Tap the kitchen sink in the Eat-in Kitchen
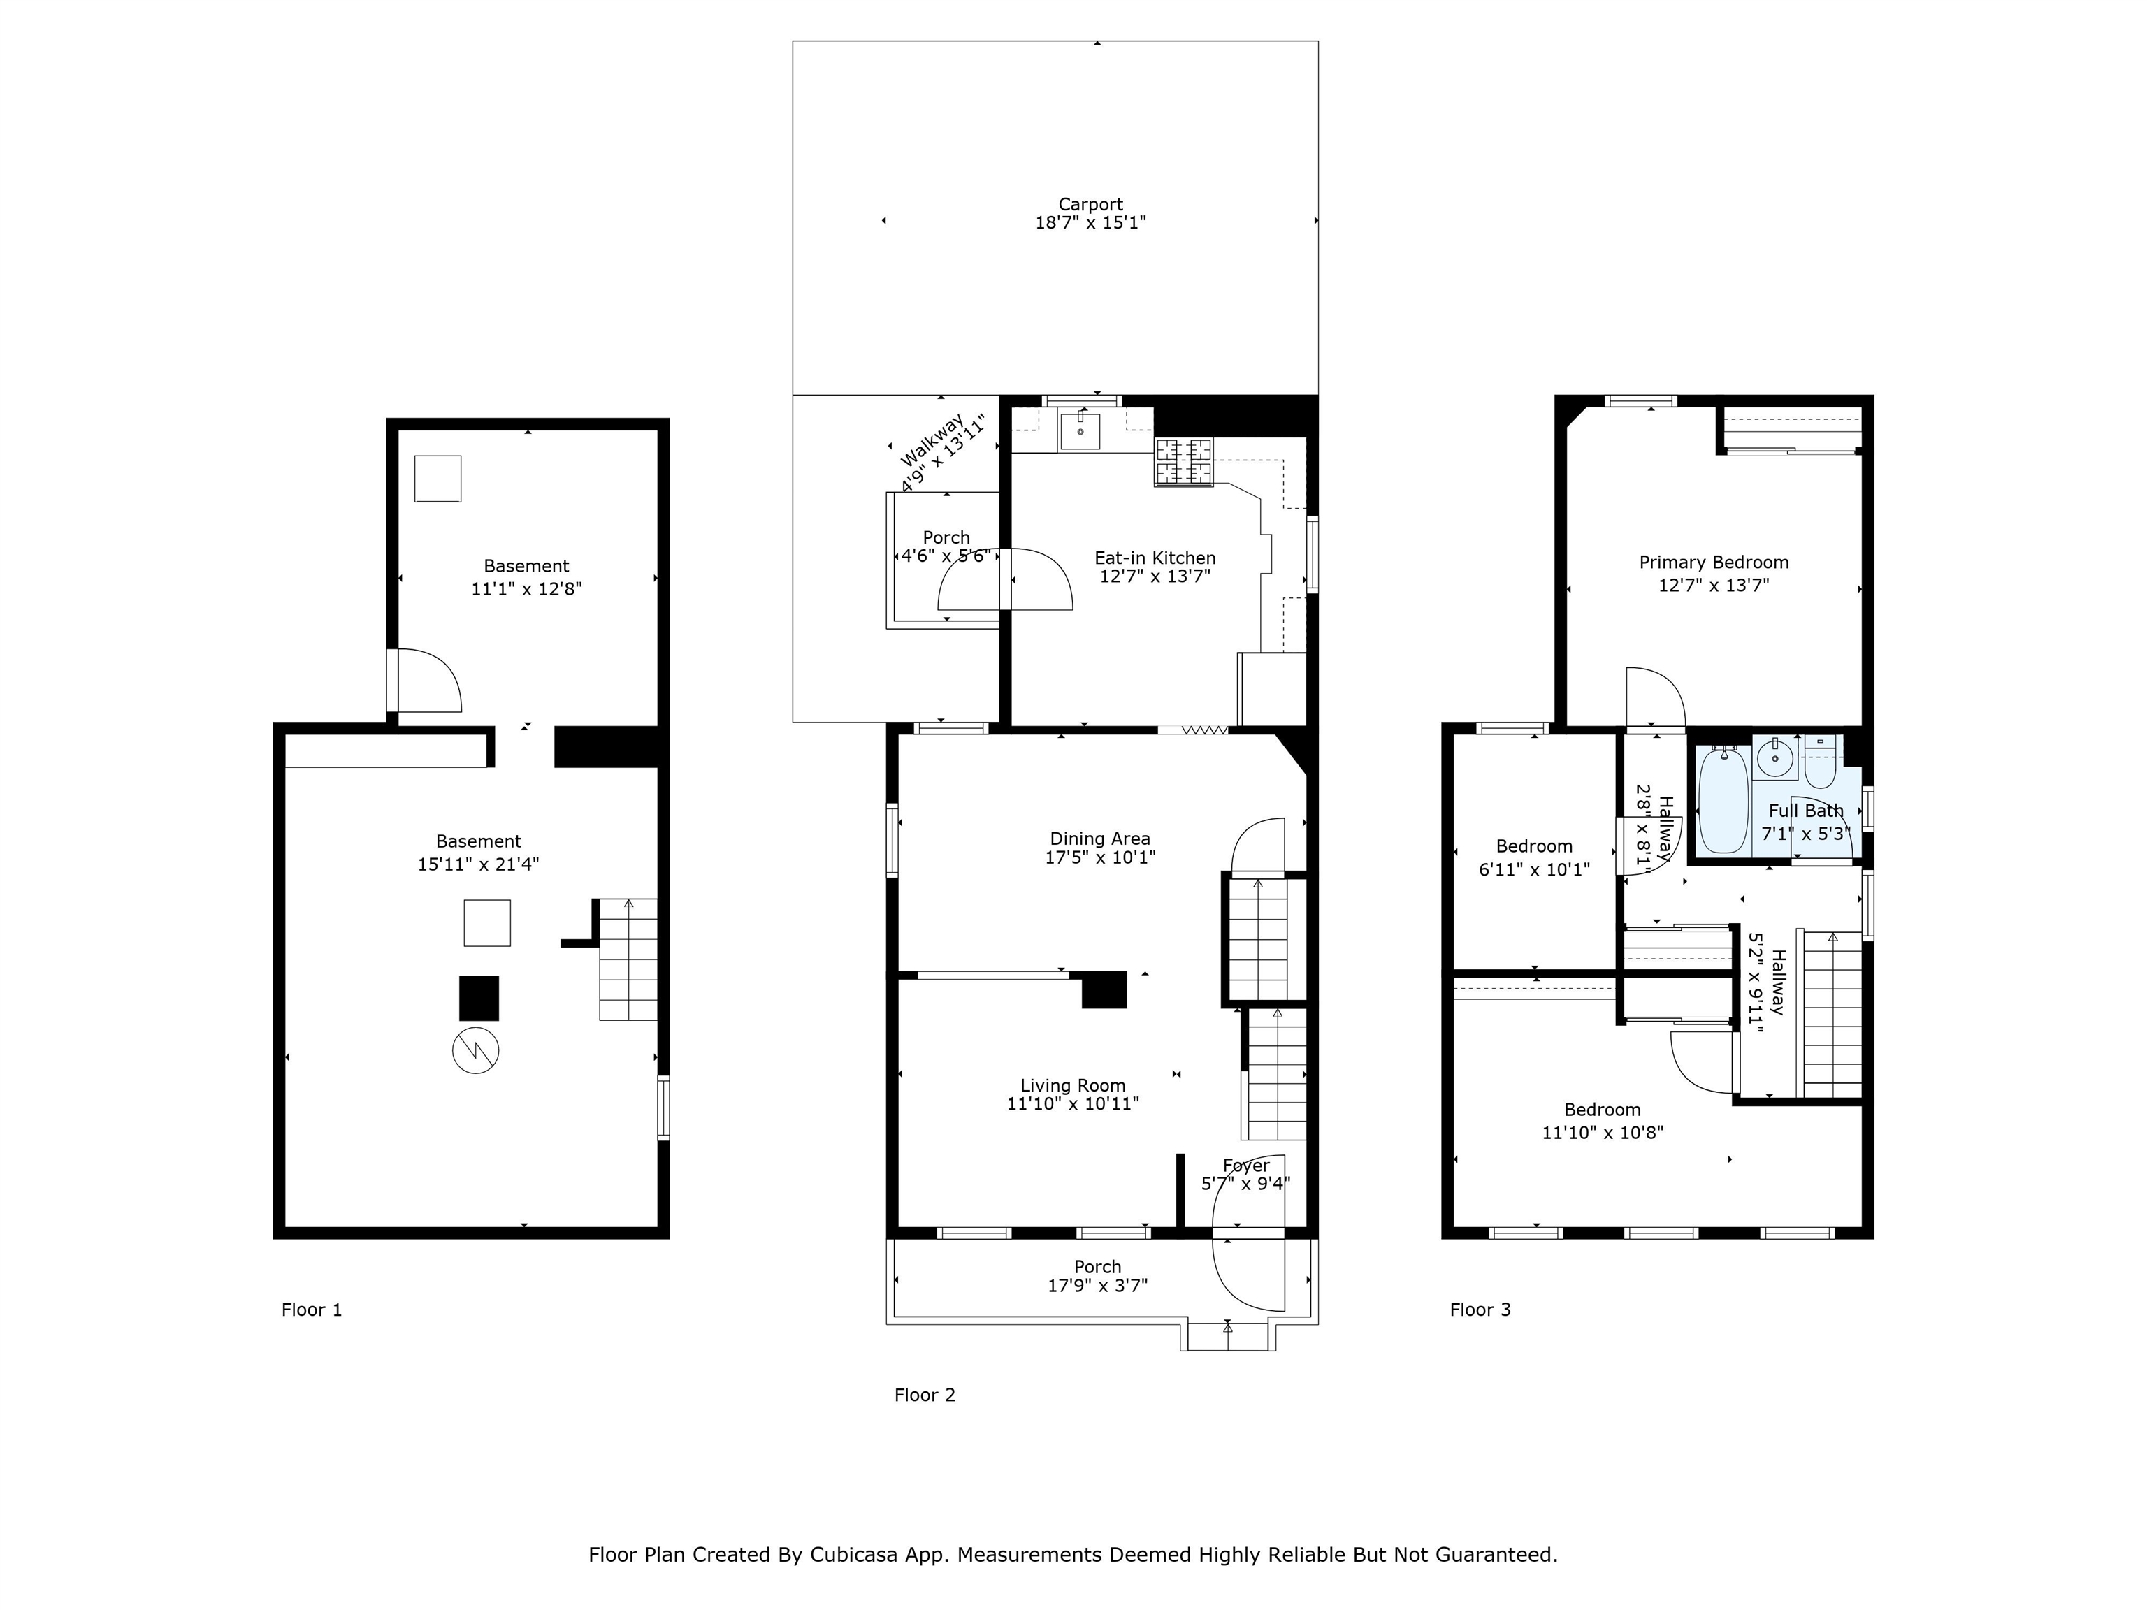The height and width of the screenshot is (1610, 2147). (1080, 429)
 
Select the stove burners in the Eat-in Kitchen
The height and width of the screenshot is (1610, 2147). (1183, 461)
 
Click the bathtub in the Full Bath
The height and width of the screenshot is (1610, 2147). (1723, 801)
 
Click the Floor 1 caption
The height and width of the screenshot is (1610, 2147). (312, 1310)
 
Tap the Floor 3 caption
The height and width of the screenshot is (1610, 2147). (1480, 1310)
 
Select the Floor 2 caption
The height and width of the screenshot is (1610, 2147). (925, 1395)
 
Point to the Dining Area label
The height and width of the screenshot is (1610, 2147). (1099, 839)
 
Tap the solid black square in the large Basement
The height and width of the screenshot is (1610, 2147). (479, 999)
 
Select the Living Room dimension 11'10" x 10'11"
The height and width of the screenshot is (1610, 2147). (1073, 1103)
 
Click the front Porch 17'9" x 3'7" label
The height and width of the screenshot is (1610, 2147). (1098, 1276)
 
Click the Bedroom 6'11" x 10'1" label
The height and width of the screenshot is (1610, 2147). (1533, 858)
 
